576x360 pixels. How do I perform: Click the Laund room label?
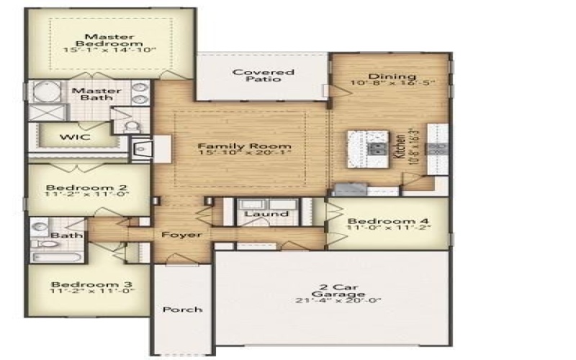pyautogui.click(x=266, y=214)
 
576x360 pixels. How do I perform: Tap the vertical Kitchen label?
pyautogui.click(x=400, y=148)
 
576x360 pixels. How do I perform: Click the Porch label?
pyautogui.click(x=181, y=310)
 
